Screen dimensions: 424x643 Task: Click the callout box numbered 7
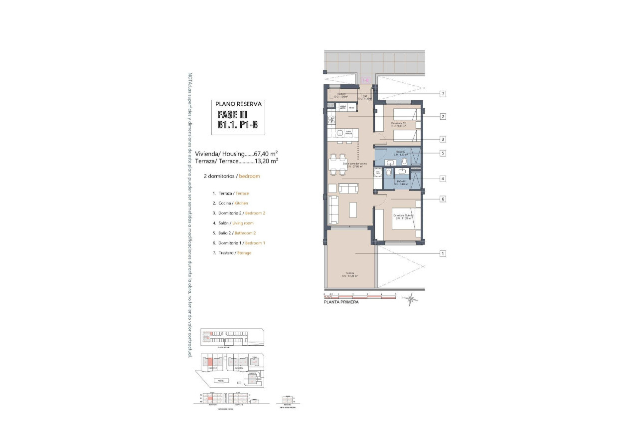point(442,94)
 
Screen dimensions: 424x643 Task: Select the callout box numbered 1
point(442,253)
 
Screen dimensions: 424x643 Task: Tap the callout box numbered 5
point(442,153)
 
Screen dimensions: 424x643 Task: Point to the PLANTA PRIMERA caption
point(341,302)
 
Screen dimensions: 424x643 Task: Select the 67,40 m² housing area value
point(266,154)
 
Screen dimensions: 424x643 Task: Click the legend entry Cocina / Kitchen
point(230,203)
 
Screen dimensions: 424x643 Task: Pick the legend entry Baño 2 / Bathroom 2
point(234,233)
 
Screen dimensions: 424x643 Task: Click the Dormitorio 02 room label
point(398,124)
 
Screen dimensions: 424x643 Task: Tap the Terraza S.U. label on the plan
point(350,274)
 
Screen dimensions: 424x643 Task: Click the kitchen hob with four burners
point(330,120)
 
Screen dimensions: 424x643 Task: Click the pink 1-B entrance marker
point(365,80)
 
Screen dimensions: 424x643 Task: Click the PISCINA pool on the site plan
point(220,381)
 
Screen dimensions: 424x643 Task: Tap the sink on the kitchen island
point(340,133)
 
